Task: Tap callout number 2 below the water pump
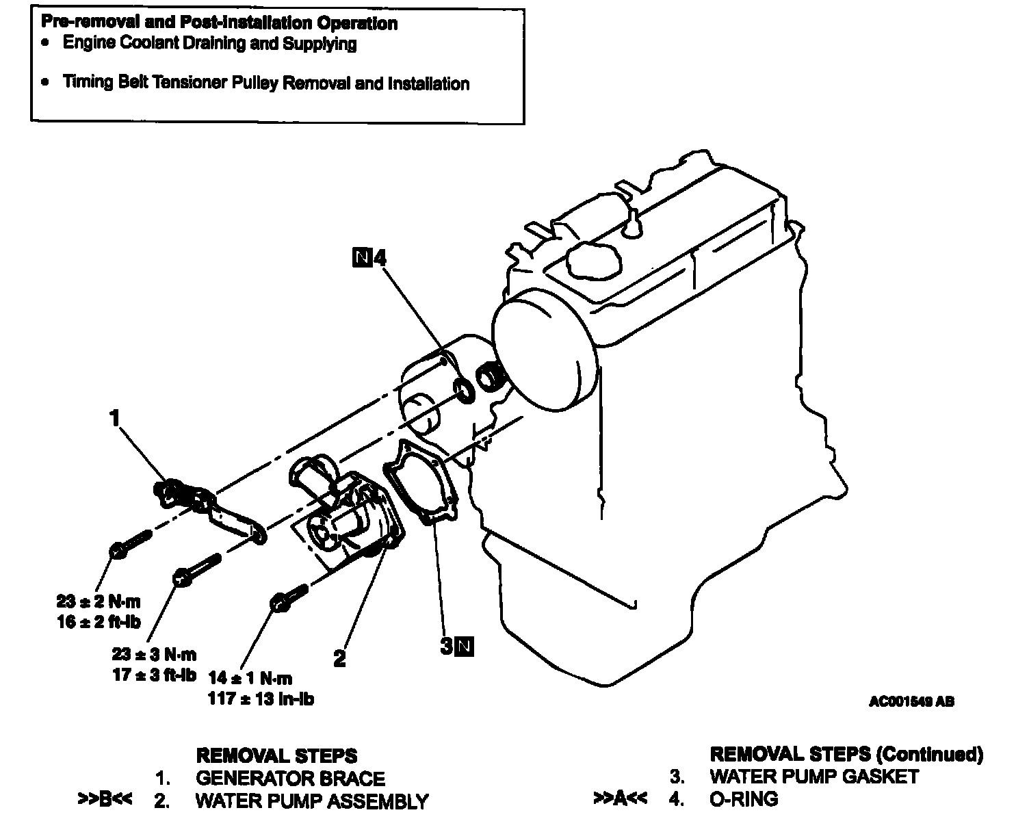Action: click(x=339, y=658)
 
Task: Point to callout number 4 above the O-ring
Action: click(x=380, y=258)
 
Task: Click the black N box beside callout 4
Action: click(x=361, y=258)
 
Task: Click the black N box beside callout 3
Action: click(x=465, y=646)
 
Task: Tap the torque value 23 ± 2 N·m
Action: click(x=98, y=601)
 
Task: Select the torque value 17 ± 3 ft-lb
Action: click(x=154, y=675)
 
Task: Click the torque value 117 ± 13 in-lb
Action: click(x=261, y=699)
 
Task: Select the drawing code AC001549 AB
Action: click(x=911, y=701)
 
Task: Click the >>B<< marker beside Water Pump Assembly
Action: click(x=105, y=800)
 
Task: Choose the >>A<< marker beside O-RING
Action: click(x=620, y=798)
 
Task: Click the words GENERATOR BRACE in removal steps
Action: click(x=290, y=779)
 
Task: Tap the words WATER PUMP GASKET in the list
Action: click(x=814, y=776)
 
